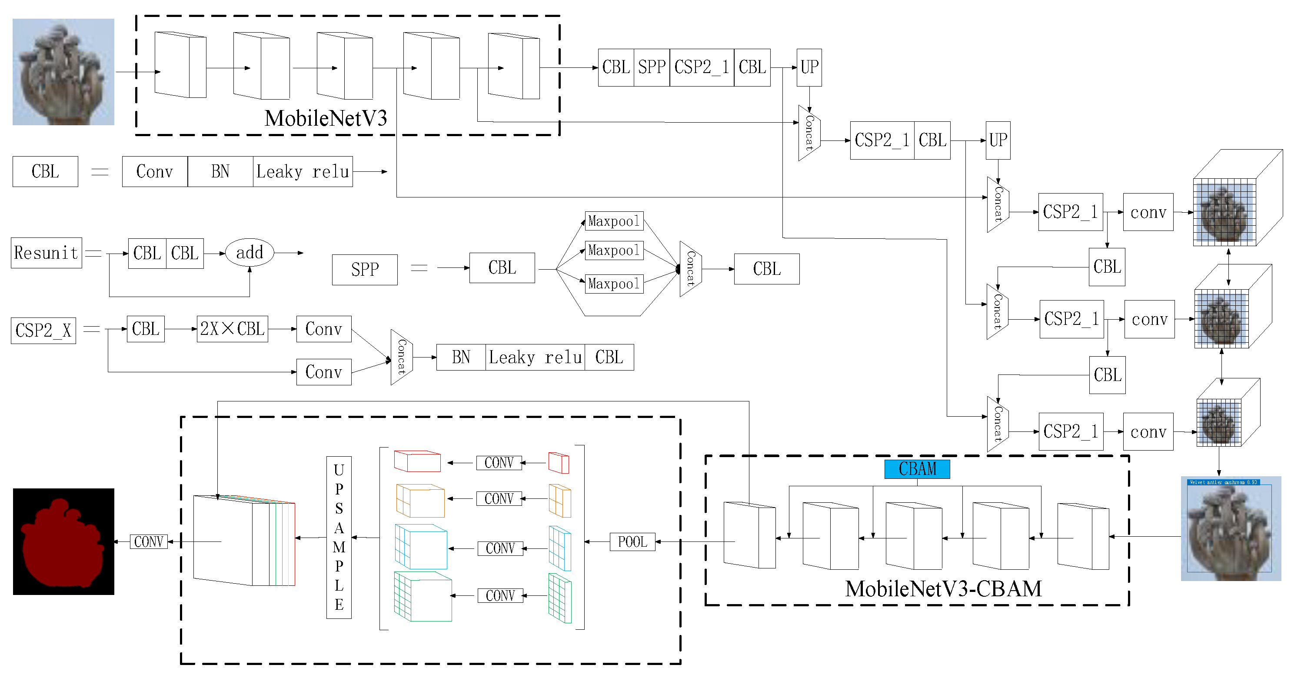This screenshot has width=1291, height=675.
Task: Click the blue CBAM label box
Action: [x=917, y=469]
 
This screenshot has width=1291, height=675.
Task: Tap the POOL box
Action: [x=632, y=541]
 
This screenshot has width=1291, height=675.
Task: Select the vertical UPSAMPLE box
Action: [x=339, y=537]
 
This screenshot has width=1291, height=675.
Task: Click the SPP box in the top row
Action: [x=652, y=67]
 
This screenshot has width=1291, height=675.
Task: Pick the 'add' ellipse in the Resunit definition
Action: [x=250, y=252]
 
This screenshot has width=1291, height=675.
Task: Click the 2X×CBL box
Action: [x=232, y=329]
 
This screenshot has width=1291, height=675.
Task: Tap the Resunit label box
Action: [x=46, y=253]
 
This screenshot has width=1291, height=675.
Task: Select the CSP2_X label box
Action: [x=43, y=331]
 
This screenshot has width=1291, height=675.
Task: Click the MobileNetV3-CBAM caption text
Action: [x=943, y=589]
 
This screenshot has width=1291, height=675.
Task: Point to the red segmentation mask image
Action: [x=63, y=541]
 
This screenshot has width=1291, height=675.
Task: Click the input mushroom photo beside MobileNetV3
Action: [x=63, y=72]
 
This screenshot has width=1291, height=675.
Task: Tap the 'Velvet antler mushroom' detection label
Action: [x=1223, y=482]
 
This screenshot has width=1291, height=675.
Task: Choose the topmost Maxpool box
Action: [x=614, y=221]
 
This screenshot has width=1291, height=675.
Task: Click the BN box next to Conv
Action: [x=220, y=171]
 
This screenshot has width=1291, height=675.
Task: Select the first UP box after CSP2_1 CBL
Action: [x=809, y=67]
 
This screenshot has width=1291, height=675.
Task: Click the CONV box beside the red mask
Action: [x=148, y=541]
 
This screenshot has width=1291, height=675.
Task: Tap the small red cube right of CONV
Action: [x=558, y=462]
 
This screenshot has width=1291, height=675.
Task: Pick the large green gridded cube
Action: [x=423, y=596]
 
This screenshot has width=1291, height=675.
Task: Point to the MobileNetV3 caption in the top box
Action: [x=326, y=118]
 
